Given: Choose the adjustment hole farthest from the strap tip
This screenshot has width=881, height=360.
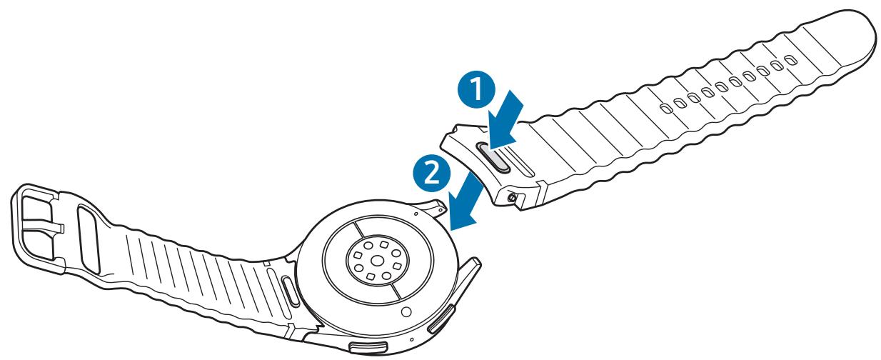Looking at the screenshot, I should [x=665, y=108].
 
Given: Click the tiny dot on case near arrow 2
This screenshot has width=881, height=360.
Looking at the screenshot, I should [x=415, y=211].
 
